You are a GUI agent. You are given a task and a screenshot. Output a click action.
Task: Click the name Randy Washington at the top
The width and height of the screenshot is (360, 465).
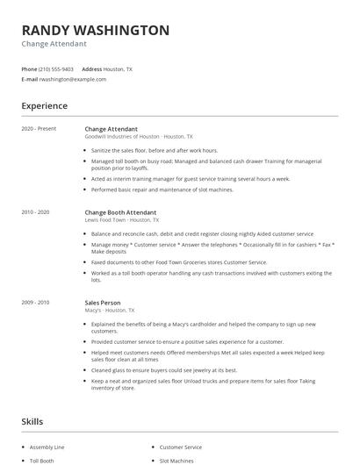(x=96, y=30)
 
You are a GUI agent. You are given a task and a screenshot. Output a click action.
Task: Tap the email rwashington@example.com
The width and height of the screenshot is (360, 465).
(x=73, y=79)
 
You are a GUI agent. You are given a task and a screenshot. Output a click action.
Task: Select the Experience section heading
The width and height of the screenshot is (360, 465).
(x=44, y=105)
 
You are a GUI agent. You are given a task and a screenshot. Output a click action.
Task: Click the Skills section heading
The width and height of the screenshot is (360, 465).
(x=32, y=421)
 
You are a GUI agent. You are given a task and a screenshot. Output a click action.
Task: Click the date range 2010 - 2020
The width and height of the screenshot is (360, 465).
(x=35, y=212)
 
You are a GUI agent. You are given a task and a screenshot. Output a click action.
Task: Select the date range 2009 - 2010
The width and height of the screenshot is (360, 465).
(x=35, y=302)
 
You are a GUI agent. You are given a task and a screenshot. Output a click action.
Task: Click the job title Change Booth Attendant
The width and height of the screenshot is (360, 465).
(x=120, y=212)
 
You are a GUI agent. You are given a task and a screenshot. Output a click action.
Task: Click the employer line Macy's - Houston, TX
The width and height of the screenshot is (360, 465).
(x=110, y=310)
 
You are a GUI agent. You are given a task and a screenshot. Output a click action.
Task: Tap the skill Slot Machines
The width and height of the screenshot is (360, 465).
(x=178, y=460)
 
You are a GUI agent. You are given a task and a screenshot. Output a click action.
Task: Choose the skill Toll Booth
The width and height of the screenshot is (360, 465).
(x=42, y=460)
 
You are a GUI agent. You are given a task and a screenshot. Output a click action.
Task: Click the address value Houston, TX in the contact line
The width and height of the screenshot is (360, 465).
(x=118, y=68)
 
